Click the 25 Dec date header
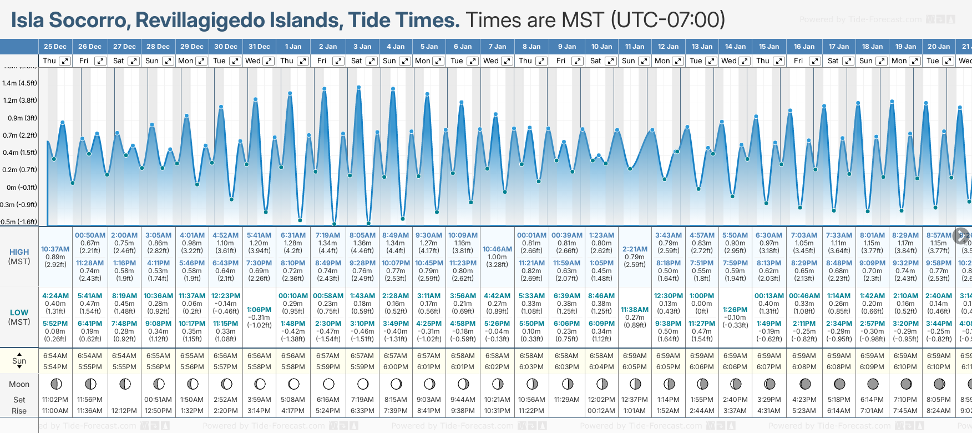pos(55,47)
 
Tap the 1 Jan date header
pos(293,47)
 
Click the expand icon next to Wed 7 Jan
pos(507,61)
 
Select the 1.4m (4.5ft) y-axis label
pos(19,83)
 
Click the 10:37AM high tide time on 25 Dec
pos(55,249)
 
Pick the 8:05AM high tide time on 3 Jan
pos(362,235)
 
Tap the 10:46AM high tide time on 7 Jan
pos(497,249)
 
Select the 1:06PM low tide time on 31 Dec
pos(259,310)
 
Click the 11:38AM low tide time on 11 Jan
pos(635,310)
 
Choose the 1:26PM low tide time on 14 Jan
pos(735,310)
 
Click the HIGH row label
pos(19,252)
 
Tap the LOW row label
pos(19,313)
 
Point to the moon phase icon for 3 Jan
pos(363,384)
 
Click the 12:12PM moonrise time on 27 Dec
pos(124,411)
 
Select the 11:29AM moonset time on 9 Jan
pos(566,400)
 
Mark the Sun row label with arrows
pos(19,361)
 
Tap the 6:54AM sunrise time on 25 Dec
pos(55,356)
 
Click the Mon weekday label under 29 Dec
pos(186,61)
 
